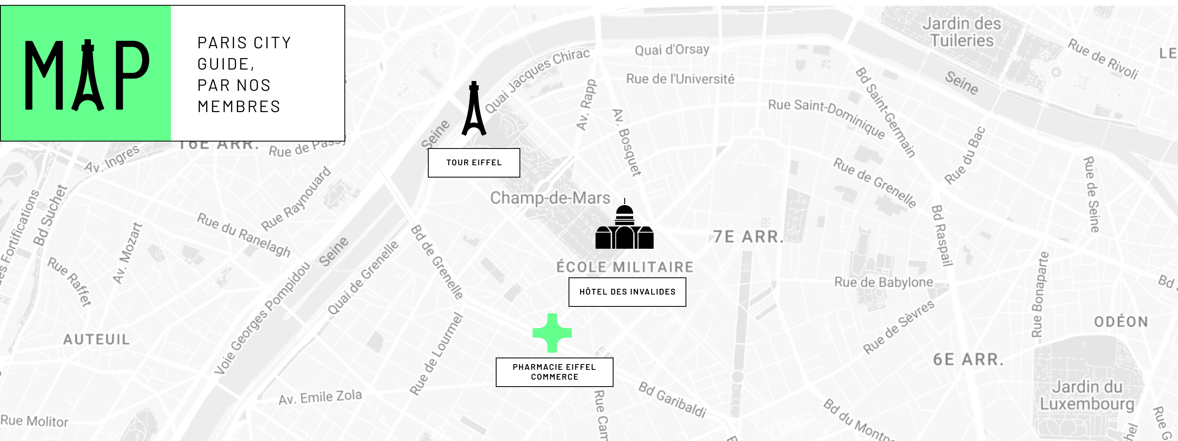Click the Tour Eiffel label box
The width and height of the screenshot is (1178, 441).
point(474,162)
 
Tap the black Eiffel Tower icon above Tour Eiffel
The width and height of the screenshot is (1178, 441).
point(474,110)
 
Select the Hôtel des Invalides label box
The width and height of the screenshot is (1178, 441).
point(627,292)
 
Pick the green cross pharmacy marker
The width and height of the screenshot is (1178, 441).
point(552,333)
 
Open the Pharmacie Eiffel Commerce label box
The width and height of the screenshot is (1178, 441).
point(554,372)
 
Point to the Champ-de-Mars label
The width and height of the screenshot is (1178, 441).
point(550,198)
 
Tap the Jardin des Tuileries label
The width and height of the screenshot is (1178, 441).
point(961,32)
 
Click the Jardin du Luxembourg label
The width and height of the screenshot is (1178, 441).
point(1087,395)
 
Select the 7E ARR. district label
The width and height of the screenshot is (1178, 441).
point(749,236)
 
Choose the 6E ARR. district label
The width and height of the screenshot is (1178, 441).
point(968,359)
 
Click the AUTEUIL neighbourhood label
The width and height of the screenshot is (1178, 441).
point(97,339)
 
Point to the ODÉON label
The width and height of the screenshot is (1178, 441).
point(1121,322)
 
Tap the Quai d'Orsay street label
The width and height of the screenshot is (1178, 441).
point(672,49)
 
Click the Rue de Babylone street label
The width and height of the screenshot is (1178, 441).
point(883,282)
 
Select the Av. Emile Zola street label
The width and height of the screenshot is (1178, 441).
point(320,397)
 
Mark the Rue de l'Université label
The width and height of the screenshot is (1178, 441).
point(680,79)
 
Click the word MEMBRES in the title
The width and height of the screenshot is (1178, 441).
point(239,107)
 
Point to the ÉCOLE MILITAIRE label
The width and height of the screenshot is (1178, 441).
point(625,267)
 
